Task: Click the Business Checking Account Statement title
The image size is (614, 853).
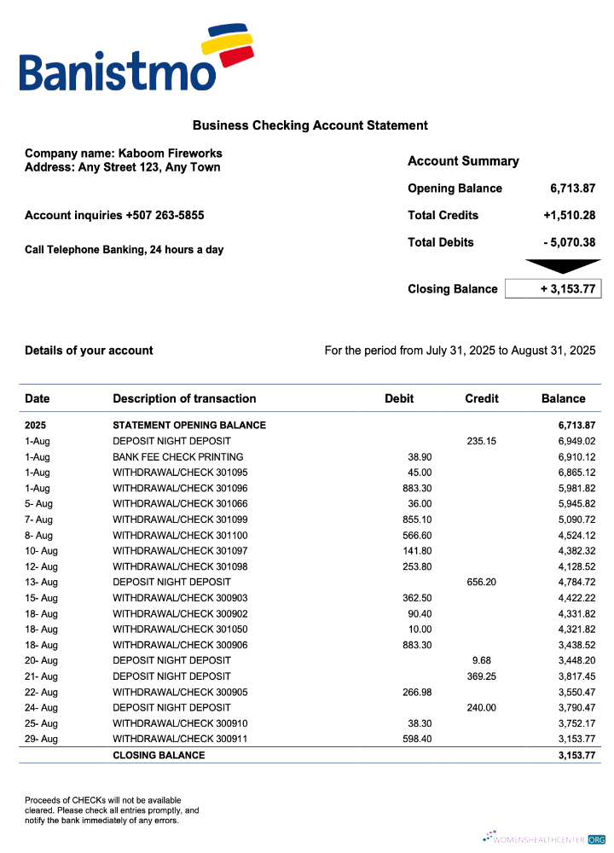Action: [310, 125]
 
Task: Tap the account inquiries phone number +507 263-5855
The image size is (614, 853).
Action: [164, 215]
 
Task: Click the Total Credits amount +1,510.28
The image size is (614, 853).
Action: [569, 215]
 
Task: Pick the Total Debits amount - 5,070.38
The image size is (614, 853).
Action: [570, 242]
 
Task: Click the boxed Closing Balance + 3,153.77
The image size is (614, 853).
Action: [553, 289]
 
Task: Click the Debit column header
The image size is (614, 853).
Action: [399, 398]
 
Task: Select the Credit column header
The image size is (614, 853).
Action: [482, 398]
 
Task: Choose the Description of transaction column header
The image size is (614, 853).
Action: [184, 398]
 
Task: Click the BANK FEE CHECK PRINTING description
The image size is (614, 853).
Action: [177, 456]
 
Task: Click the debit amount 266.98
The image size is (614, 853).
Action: [417, 692]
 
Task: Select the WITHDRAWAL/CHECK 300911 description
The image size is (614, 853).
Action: [180, 739]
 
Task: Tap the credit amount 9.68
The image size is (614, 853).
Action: [482, 660]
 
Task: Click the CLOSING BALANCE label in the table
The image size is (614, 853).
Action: [159, 755]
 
